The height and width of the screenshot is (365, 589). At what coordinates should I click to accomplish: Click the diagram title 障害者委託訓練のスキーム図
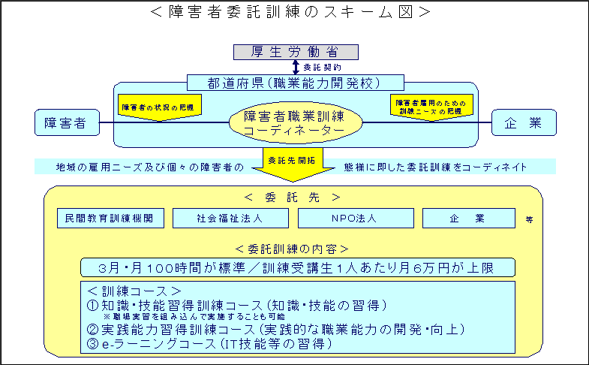click(295, 11)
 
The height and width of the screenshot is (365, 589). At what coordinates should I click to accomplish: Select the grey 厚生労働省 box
click(295, 52)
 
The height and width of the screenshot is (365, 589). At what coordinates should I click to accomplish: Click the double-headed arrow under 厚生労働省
click(295, 67)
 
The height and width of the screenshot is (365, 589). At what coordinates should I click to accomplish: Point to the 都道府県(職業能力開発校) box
click(295, 82)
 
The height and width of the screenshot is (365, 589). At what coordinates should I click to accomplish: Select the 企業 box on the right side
click(524, 123)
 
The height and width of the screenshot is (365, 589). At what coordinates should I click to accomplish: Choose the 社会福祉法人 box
click(230, 218)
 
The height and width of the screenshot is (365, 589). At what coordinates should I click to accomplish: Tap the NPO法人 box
click(356, 218)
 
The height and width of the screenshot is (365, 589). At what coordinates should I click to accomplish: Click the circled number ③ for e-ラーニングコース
click(93, 344)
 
